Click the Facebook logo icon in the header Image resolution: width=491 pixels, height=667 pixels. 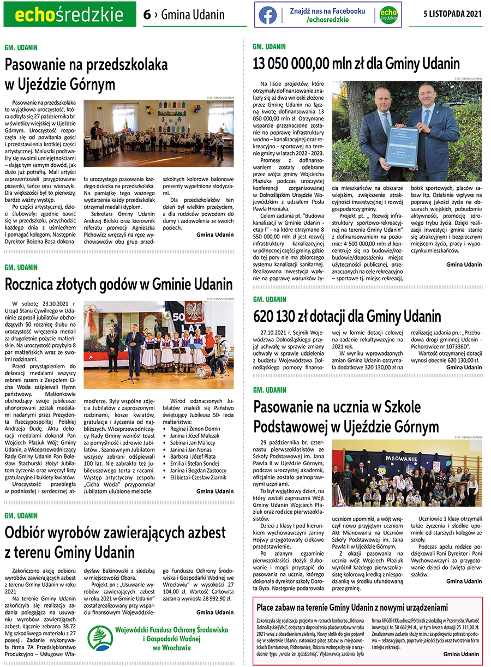pos(268,15)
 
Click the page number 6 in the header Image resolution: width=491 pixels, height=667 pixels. pos(147,15)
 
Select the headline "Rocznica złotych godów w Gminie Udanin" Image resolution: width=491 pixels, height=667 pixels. pos(119,284)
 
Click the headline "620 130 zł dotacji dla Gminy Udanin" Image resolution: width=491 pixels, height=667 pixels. pos(348,316)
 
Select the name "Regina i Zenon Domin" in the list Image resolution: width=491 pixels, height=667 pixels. pos(197,429)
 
